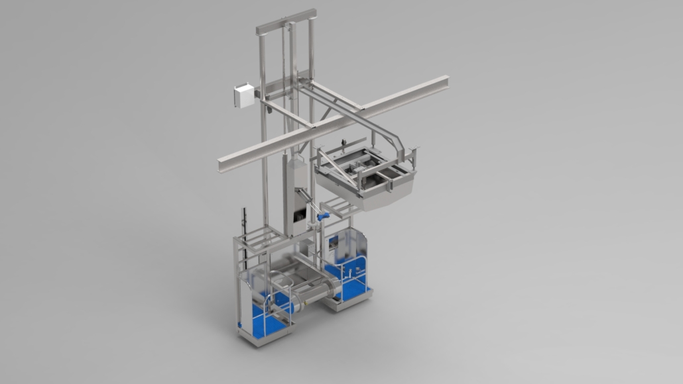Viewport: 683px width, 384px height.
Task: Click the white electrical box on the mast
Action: coord(244,95)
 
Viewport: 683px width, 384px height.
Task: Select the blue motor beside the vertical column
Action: coord(324,216)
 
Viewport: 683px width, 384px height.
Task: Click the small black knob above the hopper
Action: coord(343,142)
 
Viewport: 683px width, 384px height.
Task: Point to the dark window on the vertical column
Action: coord(300,215)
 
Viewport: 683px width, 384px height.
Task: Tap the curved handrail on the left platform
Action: coord(279,284)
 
